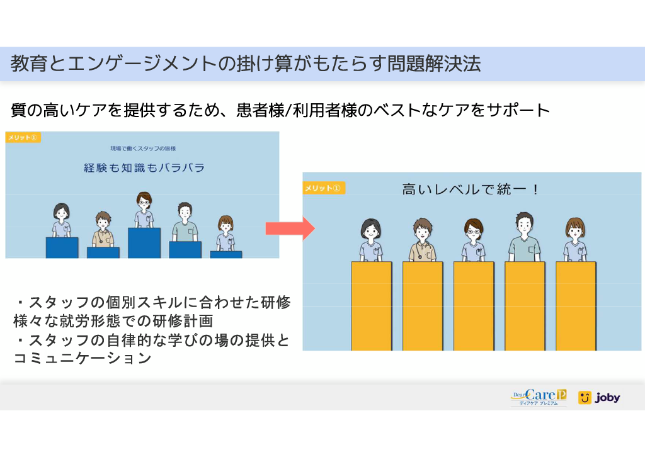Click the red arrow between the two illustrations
point(290,228)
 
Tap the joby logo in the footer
point(599,397)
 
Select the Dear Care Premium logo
point(539,397)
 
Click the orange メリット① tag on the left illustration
point(23,137)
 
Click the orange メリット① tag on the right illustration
point(323,188)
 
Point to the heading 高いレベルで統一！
point(470,189)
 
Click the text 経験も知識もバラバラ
point(144,167)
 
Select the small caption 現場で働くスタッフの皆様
point(143,149)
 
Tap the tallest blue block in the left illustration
point(144,243)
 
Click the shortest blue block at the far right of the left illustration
point(226,254)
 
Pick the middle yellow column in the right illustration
point(474,306)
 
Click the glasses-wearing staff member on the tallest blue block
point(144,210)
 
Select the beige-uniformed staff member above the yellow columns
point(423,240)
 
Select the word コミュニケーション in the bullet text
point(83,358)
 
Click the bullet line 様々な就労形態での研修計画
point(113,321)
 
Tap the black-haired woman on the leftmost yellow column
point(371,240)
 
